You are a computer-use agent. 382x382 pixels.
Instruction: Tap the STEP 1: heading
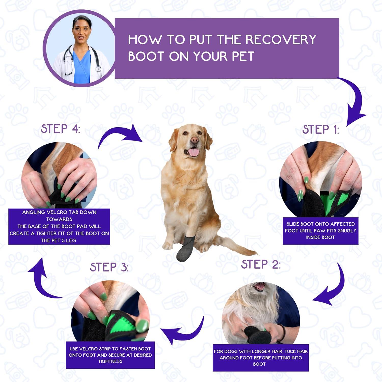coord(321,130)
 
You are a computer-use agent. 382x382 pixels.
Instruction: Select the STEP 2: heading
coord(261,264)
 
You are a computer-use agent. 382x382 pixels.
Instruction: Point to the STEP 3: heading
coord(109,267)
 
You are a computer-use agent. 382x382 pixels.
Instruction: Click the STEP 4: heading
coord(61,129)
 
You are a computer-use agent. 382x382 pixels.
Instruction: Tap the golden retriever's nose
coord(195,140)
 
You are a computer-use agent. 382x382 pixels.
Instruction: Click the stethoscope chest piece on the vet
coord(98,69)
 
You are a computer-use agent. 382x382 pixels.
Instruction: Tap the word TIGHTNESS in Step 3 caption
coord(110,361)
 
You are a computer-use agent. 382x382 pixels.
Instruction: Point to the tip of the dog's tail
coord(257,254)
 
